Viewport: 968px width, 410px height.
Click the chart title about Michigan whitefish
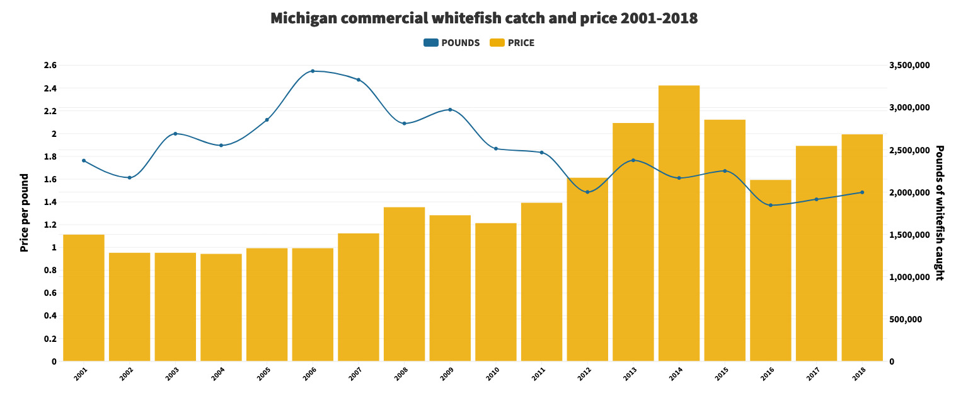483,18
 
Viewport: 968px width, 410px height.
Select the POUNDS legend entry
452,43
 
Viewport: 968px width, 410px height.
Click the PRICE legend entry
512,43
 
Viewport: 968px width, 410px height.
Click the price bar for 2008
404,284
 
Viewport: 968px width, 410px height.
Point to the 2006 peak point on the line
313,71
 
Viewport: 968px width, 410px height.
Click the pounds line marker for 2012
587,192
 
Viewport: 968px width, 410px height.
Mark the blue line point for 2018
862,192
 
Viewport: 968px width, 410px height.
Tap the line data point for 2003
175,134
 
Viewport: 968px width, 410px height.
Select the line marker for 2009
450,110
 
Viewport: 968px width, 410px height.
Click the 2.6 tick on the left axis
50,65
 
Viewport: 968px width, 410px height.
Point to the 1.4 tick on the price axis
50,202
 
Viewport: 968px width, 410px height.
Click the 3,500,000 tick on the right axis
909,65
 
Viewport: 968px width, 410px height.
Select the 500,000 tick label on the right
906,319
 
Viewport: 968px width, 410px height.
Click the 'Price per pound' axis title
25,213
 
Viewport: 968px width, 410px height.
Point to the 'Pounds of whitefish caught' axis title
939,213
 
